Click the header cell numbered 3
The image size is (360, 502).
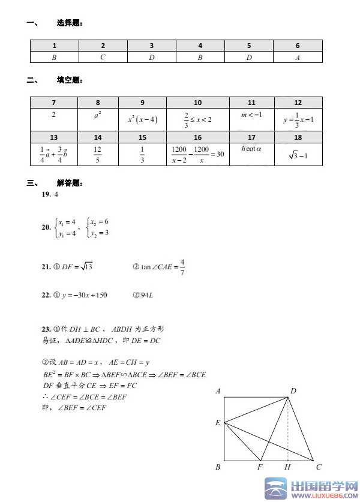coord(152,46)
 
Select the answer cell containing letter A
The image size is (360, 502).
coord(298,57)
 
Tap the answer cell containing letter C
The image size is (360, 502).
coord(103,57)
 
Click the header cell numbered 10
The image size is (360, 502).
coord(197,103)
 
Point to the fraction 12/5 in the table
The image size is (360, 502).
coord(98,154)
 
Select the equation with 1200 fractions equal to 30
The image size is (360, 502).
coord(197,154)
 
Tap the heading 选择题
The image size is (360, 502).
coord(69,23)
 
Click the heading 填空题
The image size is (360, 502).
coord(69,80)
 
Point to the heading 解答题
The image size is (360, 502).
coord(69,184)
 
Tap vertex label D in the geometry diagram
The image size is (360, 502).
coord(293,391)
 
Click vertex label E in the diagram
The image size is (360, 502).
coord(217,423)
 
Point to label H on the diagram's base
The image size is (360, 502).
coord(287,467)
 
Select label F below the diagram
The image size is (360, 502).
coord(260,467)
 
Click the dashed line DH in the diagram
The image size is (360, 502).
coord(289,429)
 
